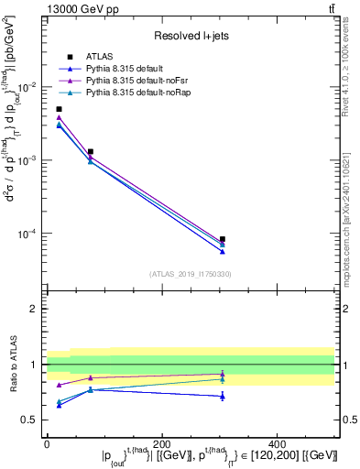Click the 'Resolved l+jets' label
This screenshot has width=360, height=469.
190,36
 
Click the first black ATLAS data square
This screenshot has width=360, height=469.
59,109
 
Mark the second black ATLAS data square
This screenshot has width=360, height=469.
90,151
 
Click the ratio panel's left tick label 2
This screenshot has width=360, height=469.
35,309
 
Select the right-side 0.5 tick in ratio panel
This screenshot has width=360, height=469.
348,420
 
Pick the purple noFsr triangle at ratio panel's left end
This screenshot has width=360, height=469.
59,385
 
